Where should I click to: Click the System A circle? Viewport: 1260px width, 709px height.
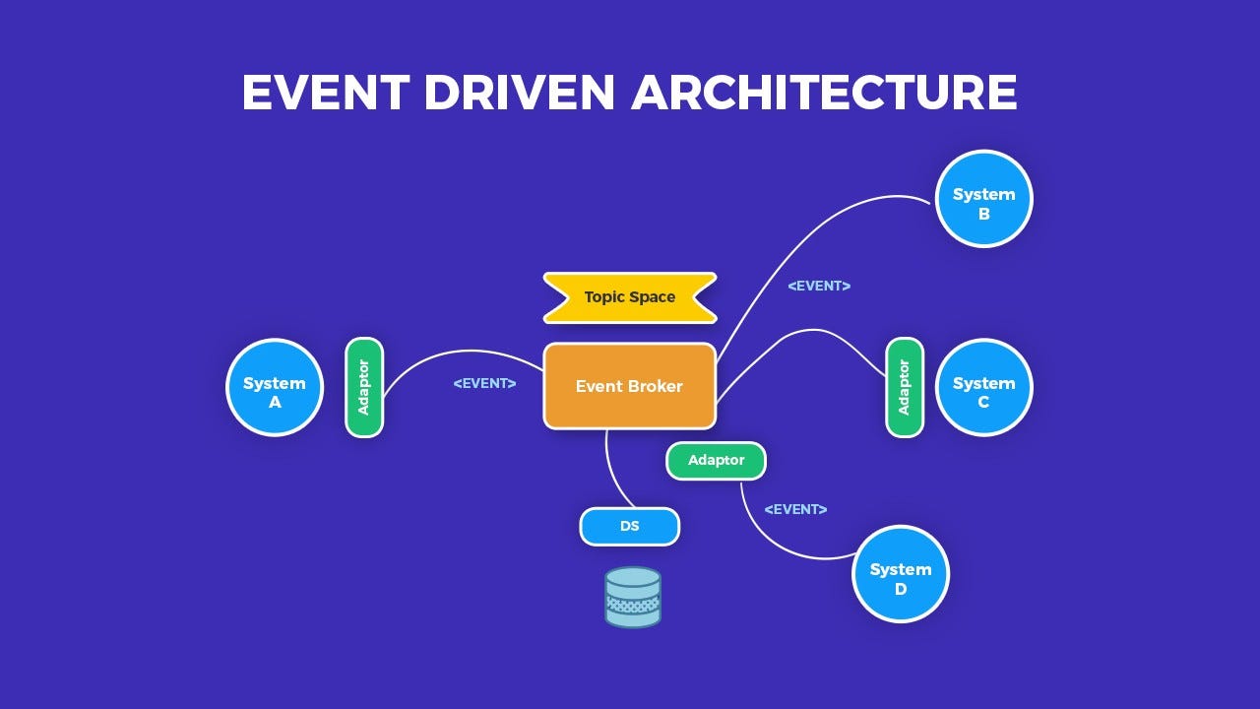[275, 387]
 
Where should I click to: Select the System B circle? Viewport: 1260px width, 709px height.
[983, 198]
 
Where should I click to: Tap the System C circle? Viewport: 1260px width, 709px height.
[983, 387]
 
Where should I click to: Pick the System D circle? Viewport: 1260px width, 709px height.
[900, 574]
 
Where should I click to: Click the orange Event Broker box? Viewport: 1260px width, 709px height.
[629, 386]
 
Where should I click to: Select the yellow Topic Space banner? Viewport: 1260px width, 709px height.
[630, 297]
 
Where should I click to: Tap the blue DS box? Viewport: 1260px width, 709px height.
[630, 527]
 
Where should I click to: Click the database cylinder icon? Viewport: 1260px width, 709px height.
[633, 597]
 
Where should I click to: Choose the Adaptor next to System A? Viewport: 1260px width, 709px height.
[364, 387]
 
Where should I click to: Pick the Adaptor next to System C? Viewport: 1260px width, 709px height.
[905, 387]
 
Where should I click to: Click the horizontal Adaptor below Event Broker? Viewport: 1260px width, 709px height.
[716, 461]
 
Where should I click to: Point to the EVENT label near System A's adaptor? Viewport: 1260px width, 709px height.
[484, 383]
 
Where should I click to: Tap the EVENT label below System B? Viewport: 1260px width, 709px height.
[819, 286]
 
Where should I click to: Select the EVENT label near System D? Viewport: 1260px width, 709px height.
[795, 509]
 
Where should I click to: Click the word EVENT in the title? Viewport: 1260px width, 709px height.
[325, 93]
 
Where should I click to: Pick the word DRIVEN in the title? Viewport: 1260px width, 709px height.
[519, 93]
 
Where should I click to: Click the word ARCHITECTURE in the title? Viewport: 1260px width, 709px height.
[824, 93]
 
